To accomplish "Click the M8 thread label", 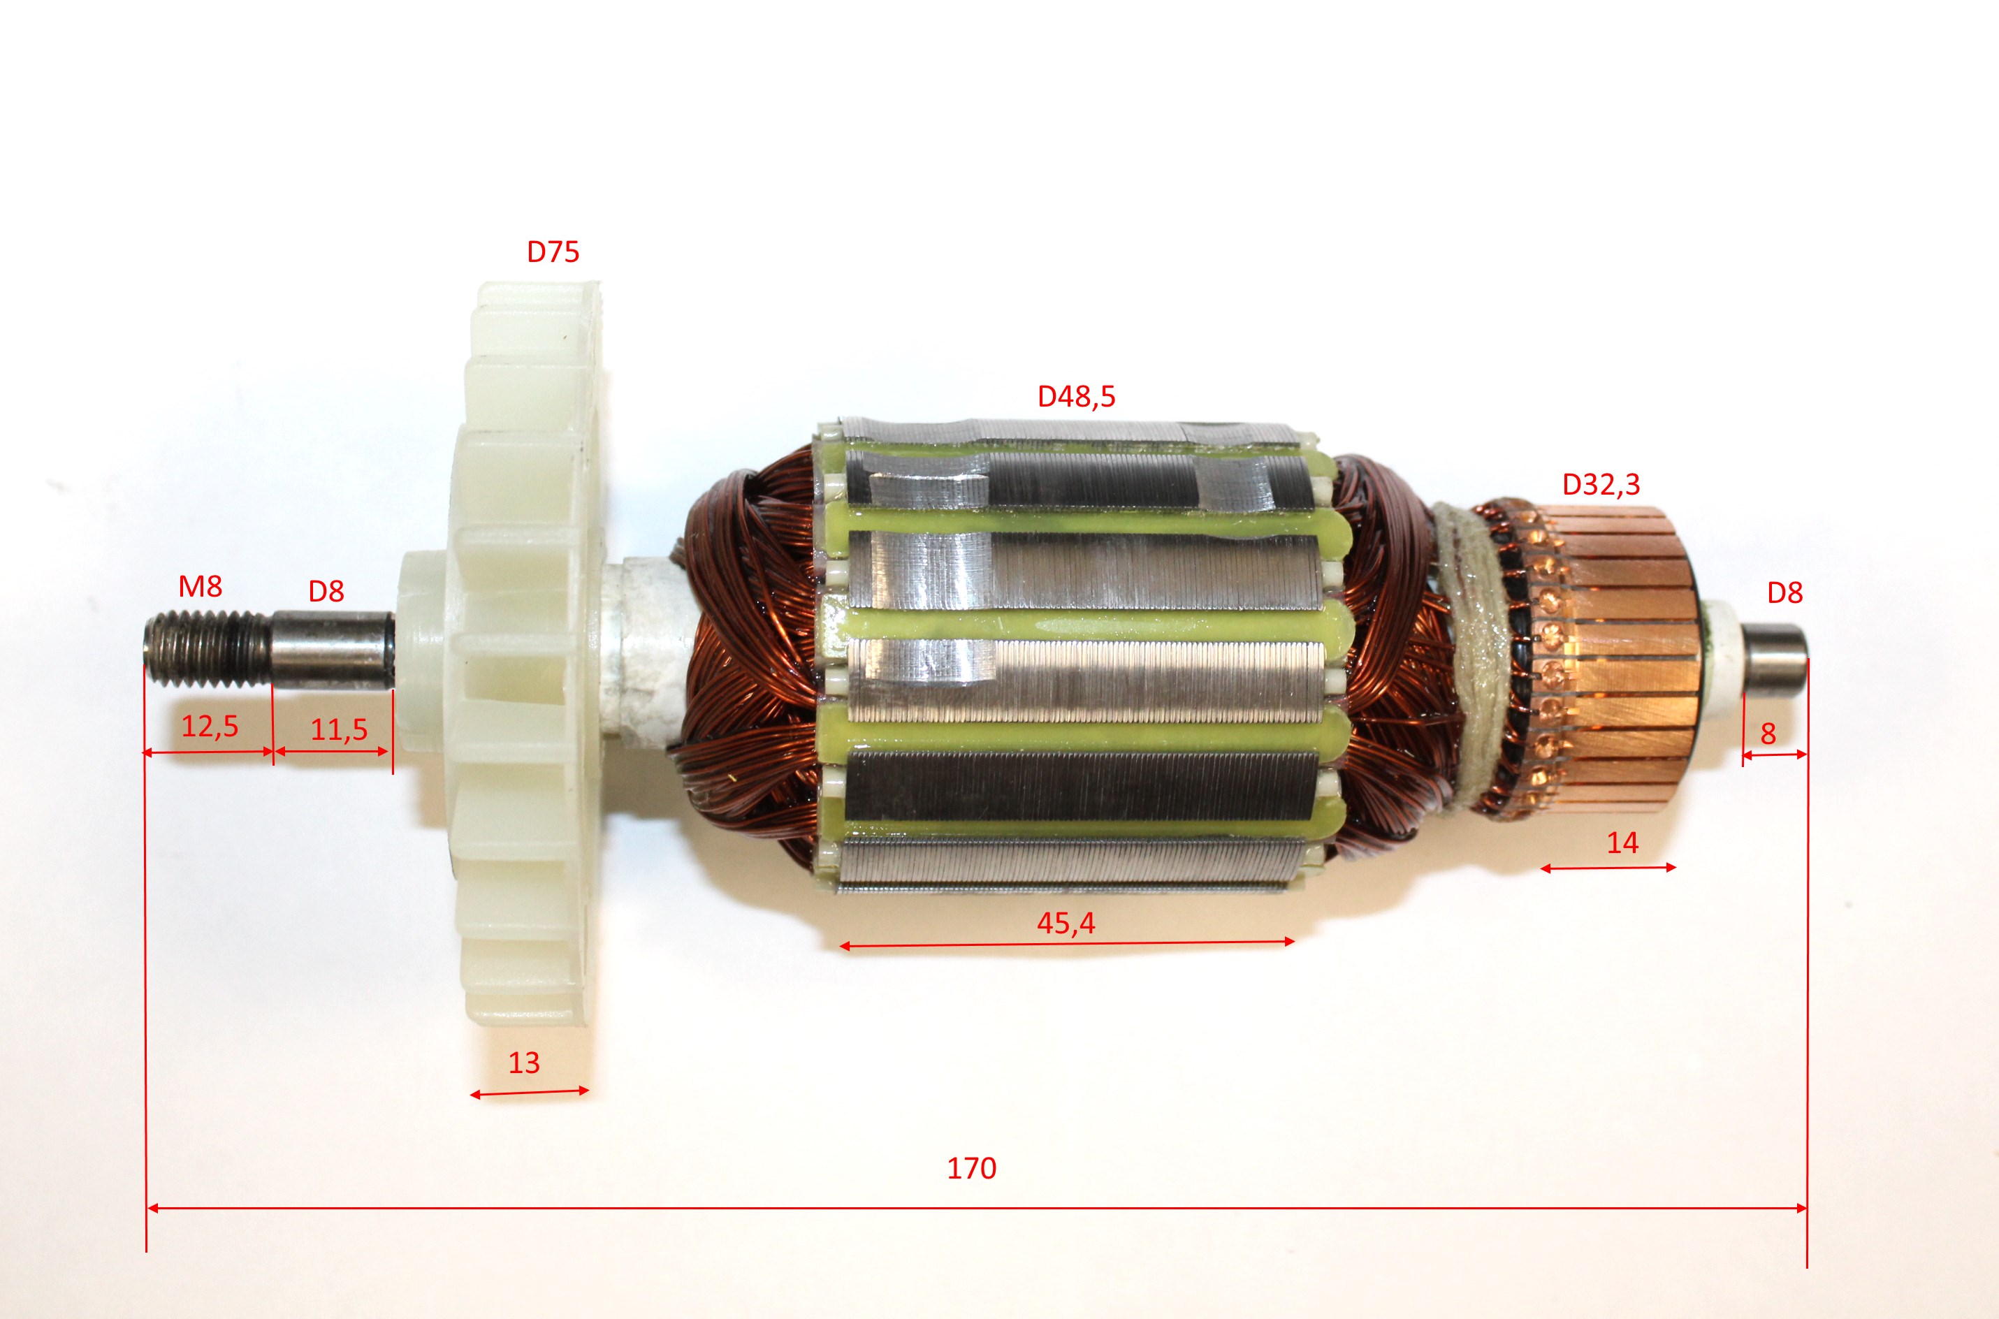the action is (201, 585).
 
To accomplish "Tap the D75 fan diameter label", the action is (553, 252).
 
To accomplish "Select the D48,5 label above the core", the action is (1076, 396).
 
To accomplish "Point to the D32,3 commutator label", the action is (1601, 485).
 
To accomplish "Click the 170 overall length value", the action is (972, 1168).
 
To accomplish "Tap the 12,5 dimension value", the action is (210, 726).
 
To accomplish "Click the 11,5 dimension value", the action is (339, 729).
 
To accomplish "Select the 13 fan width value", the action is (523, 1063).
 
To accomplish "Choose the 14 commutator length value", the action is (1623, 843).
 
